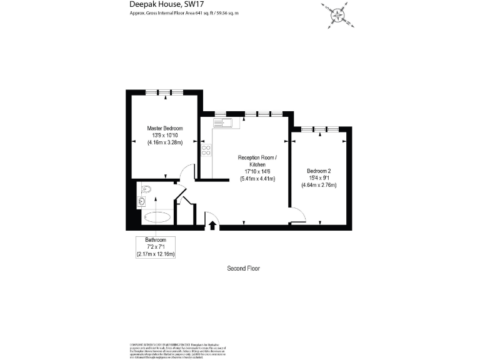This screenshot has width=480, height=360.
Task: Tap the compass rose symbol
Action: [338, 14]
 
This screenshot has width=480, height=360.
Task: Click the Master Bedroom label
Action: [165, 128]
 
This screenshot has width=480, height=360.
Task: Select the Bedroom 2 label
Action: [319, 171]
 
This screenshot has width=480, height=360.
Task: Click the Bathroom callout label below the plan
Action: [156, 240]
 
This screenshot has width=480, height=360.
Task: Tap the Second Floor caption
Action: [243, 268]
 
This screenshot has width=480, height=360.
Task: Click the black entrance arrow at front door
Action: [212, 225]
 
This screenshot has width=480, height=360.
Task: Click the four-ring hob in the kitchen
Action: [206, 150]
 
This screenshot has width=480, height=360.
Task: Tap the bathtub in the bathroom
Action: [156, 217]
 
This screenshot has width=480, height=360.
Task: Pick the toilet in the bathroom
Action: [146, 188]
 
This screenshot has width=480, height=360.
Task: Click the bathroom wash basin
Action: [142, 201]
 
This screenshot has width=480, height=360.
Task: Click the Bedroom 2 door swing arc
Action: [297, 215]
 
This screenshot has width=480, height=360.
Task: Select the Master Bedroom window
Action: [164, 92]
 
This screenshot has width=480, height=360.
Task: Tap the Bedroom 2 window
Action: [319, 129]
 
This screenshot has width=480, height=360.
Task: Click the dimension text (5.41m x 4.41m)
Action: [257, 179]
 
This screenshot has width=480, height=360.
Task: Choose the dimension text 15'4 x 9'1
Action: [319, 177]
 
